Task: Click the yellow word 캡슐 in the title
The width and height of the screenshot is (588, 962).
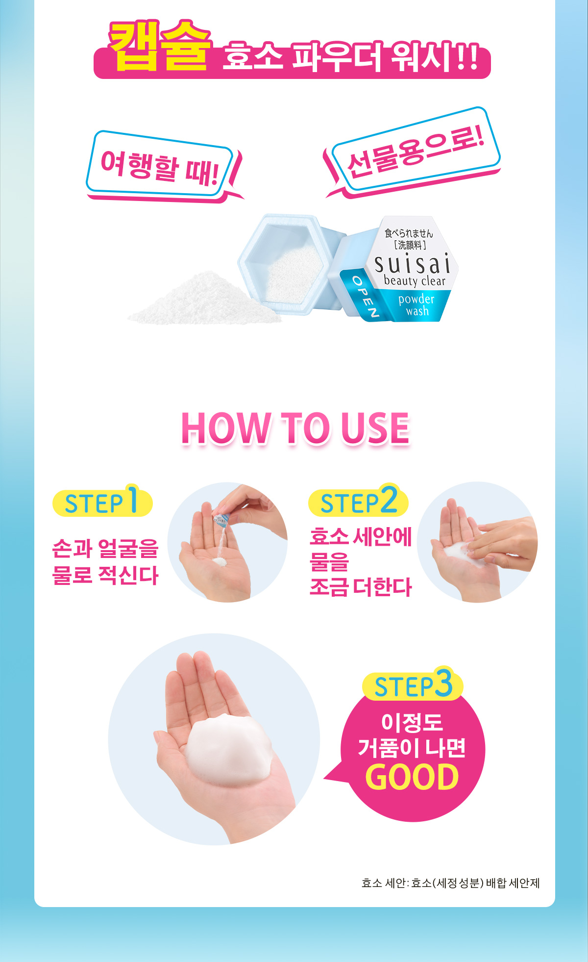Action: tap(160, 45)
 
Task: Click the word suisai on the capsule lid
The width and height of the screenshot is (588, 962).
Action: tap(412, 264)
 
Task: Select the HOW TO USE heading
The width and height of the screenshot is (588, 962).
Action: tap(295, 428)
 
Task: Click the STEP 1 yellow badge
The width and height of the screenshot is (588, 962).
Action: tap(102, 501)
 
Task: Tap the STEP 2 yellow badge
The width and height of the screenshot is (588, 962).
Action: tap(358, 501)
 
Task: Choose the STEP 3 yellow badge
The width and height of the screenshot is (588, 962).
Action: tap(413, 684)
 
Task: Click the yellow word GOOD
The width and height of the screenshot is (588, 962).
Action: tap(412, 777)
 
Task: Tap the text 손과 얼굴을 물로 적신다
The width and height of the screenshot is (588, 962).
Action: tap(105, 562)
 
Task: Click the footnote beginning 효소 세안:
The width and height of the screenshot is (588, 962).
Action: tap(450, 883)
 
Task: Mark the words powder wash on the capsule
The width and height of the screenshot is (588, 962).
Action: tap(416, 305)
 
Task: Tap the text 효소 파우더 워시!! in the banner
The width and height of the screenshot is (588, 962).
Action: tap(350, 58)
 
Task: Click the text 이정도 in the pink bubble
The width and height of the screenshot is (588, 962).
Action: tap(412, 722)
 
